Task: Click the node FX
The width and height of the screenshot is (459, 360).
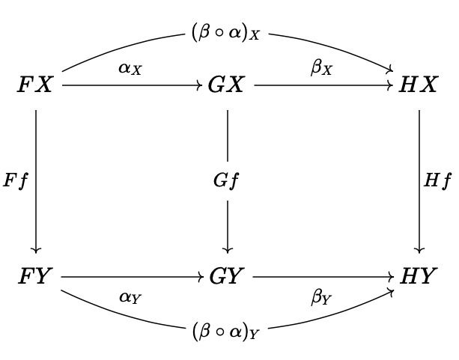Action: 36,85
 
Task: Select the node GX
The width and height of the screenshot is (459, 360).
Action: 227,85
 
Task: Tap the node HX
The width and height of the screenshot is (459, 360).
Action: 419,85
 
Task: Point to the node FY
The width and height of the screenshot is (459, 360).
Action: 36,277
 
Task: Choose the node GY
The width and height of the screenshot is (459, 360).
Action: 227,277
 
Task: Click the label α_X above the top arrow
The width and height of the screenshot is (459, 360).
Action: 131,70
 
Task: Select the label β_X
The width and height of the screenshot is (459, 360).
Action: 323,69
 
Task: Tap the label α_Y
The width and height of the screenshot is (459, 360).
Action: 131,297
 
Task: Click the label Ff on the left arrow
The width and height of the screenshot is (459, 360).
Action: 16,181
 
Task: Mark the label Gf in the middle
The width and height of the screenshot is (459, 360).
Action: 227,181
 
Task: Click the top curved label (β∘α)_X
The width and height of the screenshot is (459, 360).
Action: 227,34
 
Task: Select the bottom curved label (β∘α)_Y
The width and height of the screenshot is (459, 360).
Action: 227,330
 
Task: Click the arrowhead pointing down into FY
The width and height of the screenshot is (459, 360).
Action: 36,250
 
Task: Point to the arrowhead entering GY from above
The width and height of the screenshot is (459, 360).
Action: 227,250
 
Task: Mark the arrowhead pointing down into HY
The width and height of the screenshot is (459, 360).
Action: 419,250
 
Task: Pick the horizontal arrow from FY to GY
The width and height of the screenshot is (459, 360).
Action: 131,277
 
